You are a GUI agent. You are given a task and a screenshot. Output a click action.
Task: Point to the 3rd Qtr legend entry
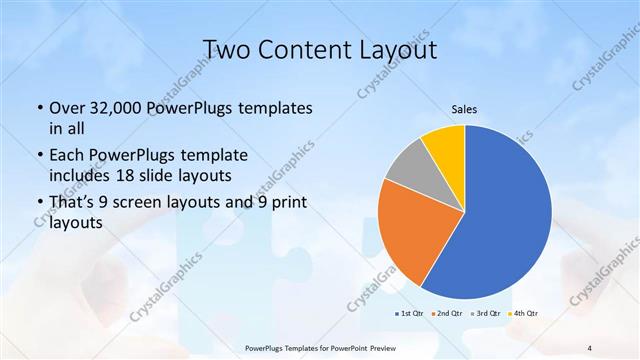click(487, 315)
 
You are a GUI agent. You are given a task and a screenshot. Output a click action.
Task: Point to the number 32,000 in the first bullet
click(118, 108)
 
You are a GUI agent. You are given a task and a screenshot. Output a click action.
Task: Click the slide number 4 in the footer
click(590, 347)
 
